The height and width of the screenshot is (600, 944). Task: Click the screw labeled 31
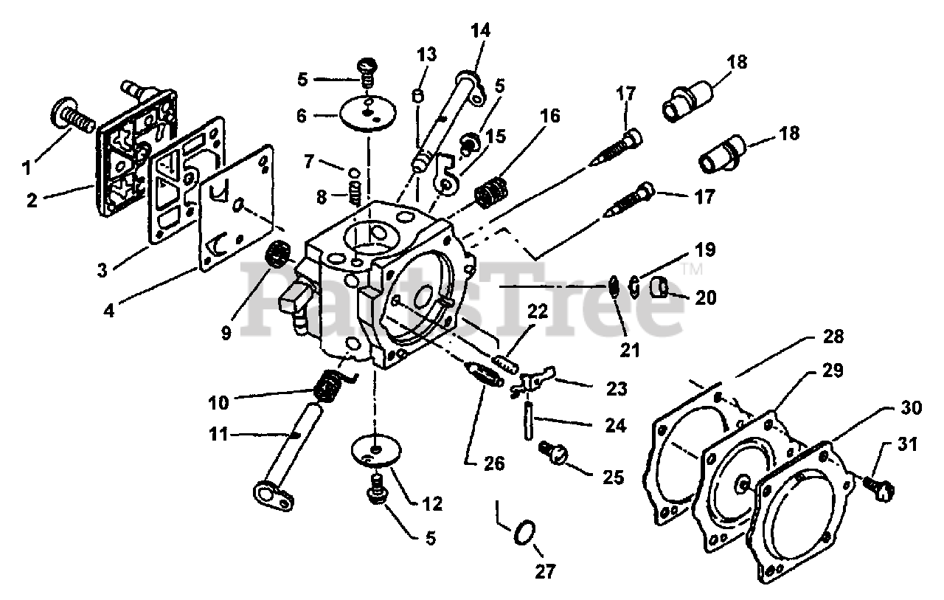click(x=877, y=484)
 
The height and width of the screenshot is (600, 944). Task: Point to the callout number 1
click(x=27, y=167)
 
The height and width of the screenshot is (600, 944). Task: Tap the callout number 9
click(x=226, y=333)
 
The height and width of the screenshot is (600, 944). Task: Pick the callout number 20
click(x=706, y=297)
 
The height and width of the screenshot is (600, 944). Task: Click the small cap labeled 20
click(x=659, y=285)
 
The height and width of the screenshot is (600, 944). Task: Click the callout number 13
click(x=426, y=54)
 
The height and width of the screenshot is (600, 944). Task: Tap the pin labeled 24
click(x=530, y=420)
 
